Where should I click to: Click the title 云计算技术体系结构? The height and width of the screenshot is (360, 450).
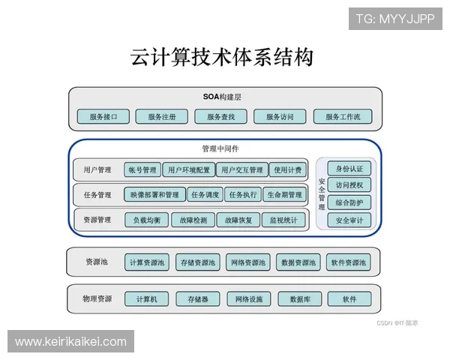221,57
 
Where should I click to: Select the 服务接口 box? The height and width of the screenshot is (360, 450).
103,116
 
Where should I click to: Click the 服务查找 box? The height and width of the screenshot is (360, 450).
221,116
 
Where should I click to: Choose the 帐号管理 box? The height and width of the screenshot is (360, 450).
142,170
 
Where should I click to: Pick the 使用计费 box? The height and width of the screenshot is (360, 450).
287,170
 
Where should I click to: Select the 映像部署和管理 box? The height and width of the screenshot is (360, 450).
154,195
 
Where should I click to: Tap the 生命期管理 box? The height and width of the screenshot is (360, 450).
285,195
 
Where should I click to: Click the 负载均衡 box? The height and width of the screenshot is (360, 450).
147,220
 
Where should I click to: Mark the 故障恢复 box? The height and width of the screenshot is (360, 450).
238,220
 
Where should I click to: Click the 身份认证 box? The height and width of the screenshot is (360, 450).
349,168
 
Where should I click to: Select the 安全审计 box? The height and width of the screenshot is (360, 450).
349,220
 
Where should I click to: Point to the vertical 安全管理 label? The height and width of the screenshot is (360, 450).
322,194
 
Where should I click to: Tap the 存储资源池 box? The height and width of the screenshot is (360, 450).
199,262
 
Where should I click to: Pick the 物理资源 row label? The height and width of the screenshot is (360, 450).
97,299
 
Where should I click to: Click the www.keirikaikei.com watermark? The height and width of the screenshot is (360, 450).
71,342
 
